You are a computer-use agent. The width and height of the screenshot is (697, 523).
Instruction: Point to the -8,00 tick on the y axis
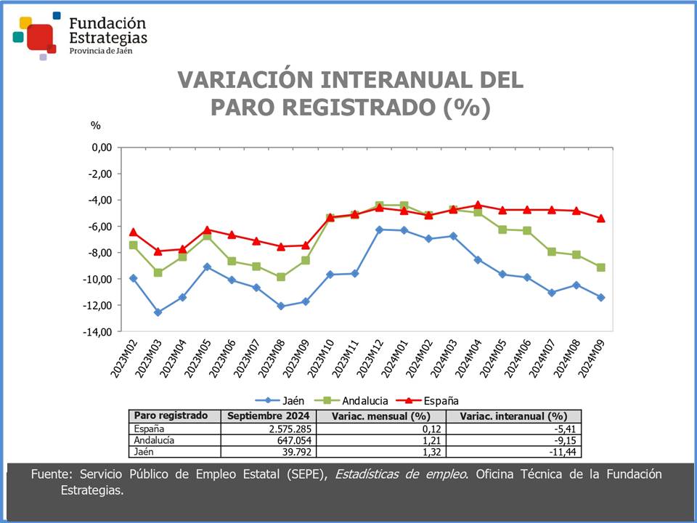point(99,253)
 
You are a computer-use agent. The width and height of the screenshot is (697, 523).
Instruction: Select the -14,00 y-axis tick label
point(97,332)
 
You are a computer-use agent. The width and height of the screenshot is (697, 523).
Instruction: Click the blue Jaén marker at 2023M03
point(158,312)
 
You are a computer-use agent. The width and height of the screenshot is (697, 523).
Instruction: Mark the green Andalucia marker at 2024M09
point(601,267)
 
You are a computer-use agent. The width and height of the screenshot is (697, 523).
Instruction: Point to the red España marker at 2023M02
point(133,232)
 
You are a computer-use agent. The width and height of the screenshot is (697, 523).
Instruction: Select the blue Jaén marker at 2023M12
point(379,230)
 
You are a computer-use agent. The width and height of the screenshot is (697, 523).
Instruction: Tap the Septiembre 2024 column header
point(268,416)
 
